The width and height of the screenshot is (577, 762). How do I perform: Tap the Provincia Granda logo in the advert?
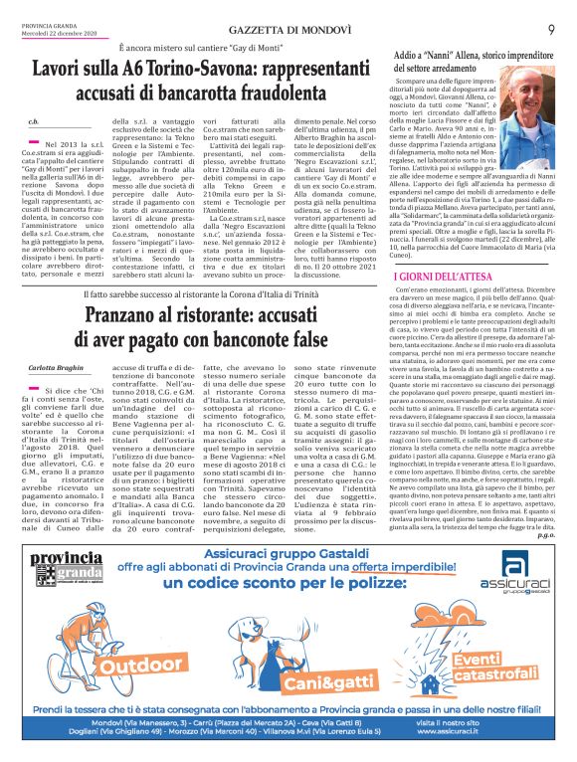pos(63,593)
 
